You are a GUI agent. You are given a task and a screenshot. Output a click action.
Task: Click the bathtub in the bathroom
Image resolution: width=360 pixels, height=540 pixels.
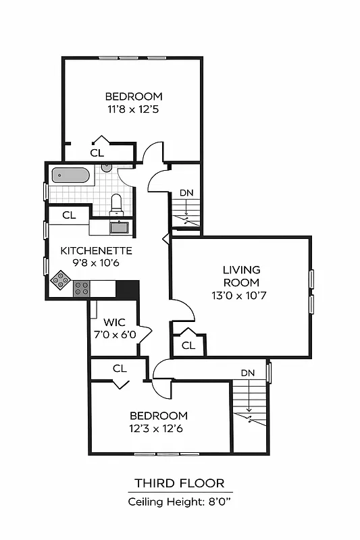71,175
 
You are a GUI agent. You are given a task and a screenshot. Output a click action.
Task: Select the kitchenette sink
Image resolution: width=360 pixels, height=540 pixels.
120,227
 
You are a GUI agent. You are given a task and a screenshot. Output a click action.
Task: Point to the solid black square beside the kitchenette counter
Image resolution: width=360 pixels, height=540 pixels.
127,289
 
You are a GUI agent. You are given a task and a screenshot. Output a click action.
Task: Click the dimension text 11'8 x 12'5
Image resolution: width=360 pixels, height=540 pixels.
134,109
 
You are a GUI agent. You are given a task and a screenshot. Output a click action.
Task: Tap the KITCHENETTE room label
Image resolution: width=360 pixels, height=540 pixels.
96,250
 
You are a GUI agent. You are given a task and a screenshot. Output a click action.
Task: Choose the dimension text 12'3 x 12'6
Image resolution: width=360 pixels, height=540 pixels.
159,428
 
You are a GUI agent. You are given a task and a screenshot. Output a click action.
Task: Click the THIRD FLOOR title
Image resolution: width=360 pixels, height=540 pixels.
180,483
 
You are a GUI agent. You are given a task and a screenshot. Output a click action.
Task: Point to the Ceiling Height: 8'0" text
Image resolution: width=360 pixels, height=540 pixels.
180,502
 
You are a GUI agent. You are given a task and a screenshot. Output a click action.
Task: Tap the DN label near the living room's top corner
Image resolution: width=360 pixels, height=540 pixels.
186,193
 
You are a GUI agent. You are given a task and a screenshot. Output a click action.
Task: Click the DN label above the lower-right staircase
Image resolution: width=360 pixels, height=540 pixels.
248,373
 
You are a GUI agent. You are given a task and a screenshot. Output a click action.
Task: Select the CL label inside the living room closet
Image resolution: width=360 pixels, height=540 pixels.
188,346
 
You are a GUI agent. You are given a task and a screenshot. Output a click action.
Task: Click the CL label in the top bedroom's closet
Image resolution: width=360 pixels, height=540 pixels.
97,153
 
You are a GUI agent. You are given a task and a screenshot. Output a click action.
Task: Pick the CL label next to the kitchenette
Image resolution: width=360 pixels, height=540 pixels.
69,215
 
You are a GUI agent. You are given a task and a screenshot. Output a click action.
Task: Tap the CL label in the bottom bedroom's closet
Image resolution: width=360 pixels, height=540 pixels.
120,369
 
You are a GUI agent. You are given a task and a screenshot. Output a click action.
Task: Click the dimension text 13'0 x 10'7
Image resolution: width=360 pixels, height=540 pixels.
241,295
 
